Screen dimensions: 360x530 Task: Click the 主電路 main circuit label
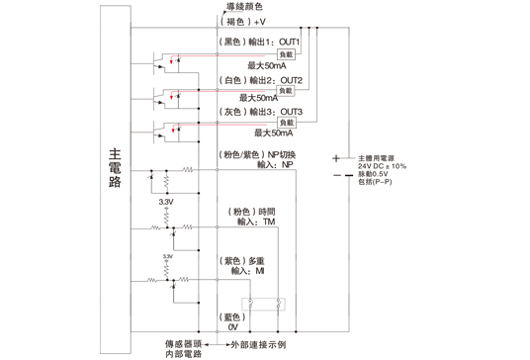(115, 168)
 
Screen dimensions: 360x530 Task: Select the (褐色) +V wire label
(241, 21)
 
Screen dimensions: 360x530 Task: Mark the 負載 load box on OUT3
(286, 122)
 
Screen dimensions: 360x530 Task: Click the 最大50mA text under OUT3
(273, 132)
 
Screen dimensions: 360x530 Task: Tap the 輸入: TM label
(259, 223)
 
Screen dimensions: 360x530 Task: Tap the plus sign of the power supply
(336, 158)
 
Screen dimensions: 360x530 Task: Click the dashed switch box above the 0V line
(265, 306)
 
